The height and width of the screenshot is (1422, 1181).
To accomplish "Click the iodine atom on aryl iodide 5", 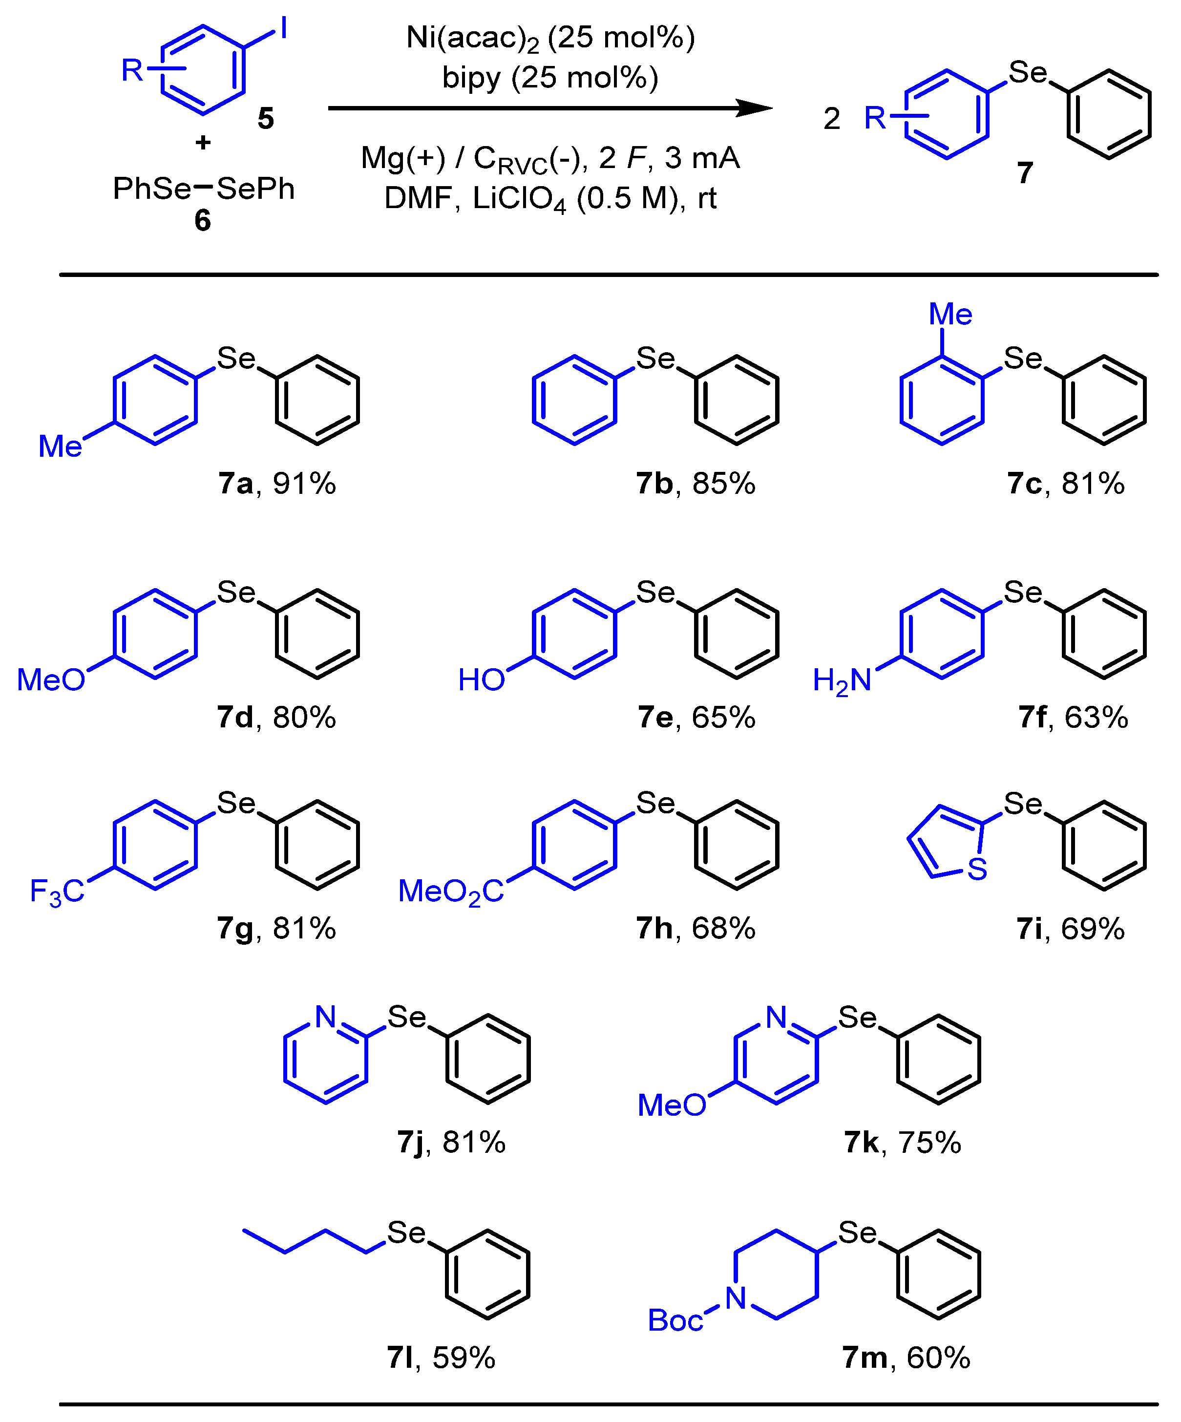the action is coord(284,28).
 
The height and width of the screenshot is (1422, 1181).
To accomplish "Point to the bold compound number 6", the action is coord(203,221).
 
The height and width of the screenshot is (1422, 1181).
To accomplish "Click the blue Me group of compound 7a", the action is coord(60,446).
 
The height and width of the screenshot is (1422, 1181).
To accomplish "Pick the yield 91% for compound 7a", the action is coord(304,484).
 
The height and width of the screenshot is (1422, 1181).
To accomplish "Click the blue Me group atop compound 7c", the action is coord(950,314).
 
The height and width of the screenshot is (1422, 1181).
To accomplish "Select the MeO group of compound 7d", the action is coord(51,680).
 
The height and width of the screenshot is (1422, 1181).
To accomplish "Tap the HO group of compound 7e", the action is coord(482,680).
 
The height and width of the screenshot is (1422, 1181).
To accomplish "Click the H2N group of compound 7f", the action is coord(842,680).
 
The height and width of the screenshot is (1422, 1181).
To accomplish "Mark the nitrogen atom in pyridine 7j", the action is coord(326,1017).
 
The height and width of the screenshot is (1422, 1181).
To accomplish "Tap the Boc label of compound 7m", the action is coord(675,1320).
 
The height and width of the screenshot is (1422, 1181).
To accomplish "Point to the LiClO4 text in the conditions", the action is coord(519,198).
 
